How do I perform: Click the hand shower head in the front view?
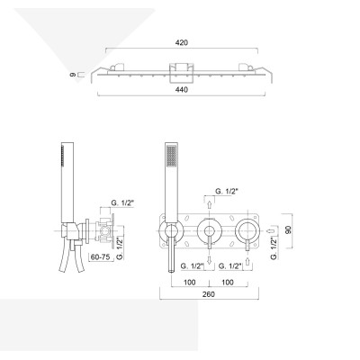171,157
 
